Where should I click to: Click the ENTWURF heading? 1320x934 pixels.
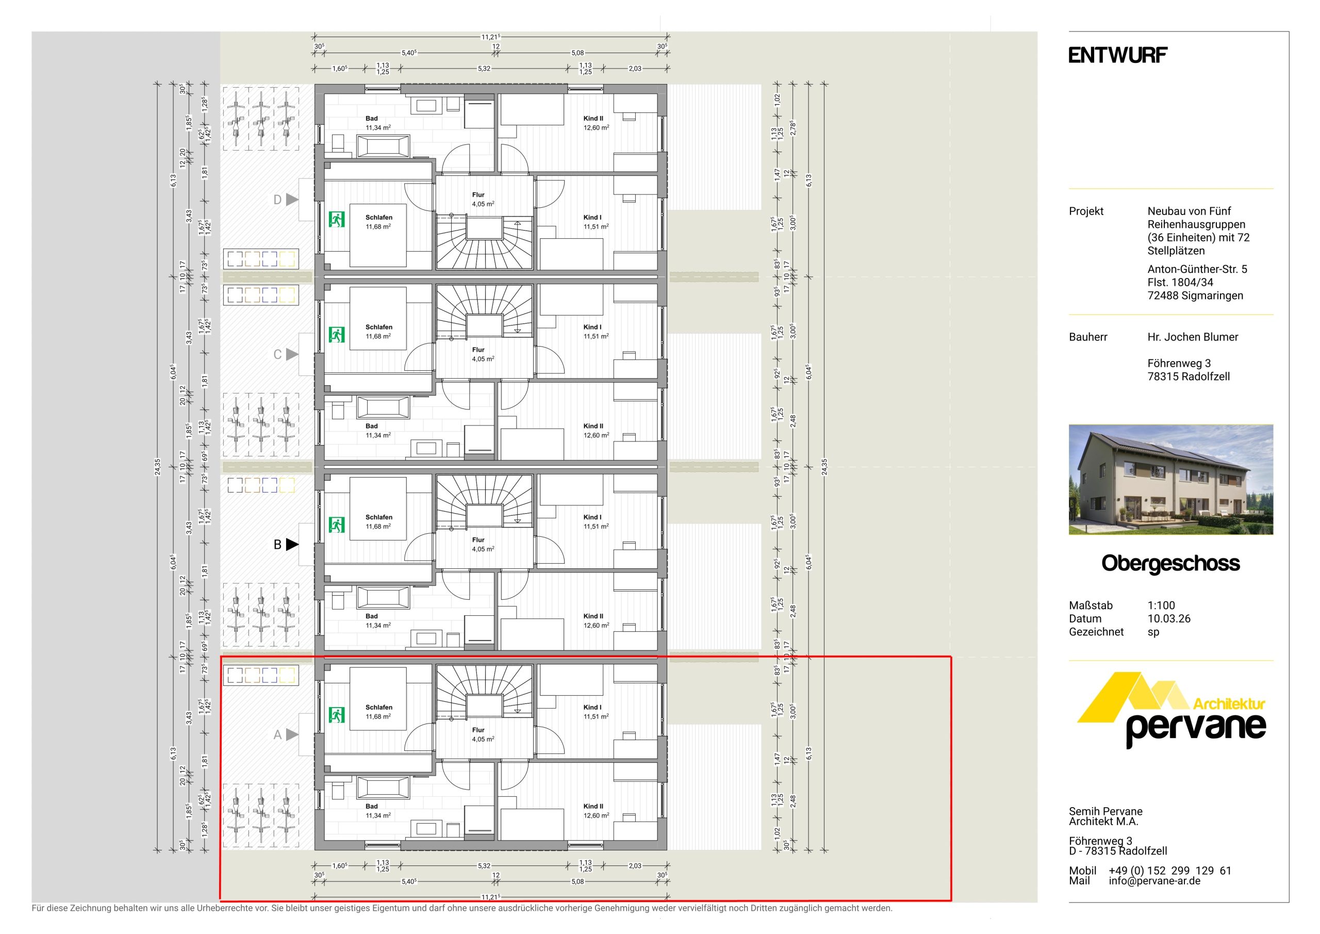1118,55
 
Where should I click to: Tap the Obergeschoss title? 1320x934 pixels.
1170,564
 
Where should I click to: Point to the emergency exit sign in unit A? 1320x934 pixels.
336,715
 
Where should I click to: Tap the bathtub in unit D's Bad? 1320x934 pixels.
384,146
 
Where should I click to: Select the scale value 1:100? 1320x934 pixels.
1161,605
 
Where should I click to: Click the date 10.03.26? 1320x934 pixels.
1169,619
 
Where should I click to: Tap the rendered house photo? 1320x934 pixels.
1171,480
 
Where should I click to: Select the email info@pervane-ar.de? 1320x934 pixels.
1154,880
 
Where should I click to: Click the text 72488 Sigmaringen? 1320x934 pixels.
1195,296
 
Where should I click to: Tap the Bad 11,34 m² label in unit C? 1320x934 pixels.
378,431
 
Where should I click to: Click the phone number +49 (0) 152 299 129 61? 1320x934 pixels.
1170,871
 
